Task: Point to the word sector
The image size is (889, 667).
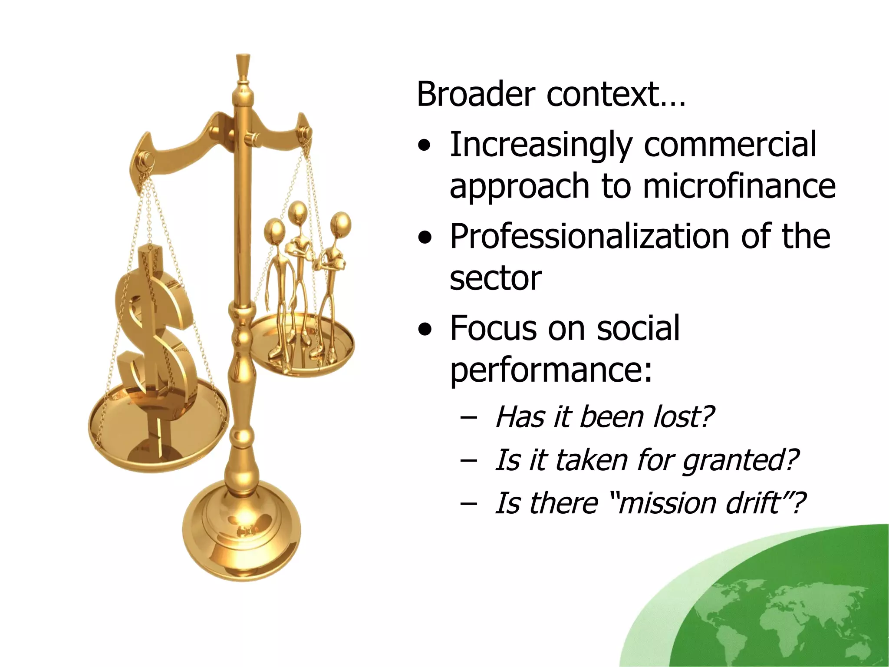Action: [x=495, y=278]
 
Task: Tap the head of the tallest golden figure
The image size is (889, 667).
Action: [x=298, y=211]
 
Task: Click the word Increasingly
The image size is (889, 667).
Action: [x=540, y=145]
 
